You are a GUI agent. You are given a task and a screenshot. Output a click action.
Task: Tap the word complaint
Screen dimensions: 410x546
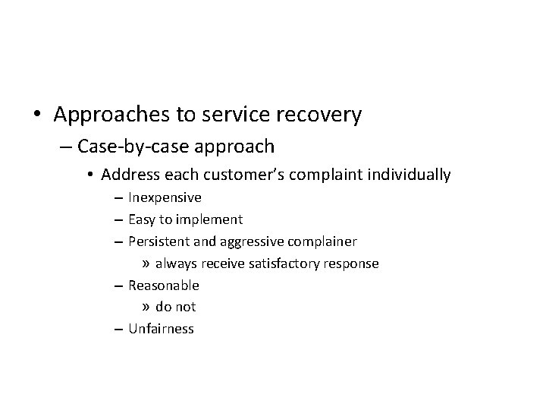(330, 175)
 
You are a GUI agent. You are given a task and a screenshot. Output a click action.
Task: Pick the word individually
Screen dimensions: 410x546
(409, 175)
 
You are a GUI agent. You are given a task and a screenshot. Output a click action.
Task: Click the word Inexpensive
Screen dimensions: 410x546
(165, 198)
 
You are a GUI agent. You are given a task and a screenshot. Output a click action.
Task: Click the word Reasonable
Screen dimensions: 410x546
(164, 285)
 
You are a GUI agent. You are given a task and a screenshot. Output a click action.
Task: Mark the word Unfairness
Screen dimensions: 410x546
(161, 329)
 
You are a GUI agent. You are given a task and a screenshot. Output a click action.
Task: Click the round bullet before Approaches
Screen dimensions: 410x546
(37, 116)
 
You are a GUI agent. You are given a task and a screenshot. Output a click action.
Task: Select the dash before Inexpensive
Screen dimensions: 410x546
(121, 198)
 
